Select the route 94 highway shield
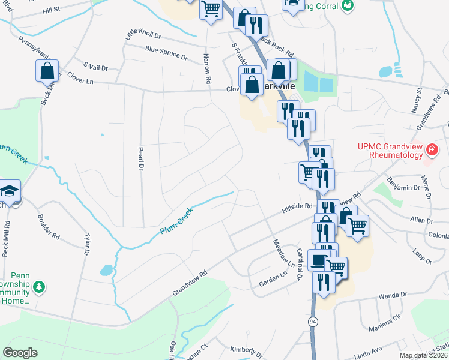[x=313, y=322]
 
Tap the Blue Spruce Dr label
[x=166, y=54]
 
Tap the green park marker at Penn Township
[x=39, y=287]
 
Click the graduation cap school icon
[x=10, y=191]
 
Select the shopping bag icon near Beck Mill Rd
[x=47, y=72]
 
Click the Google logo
[x=20, y=353]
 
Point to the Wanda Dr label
[x=393, y=296]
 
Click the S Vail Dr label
[x=95, y=68]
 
